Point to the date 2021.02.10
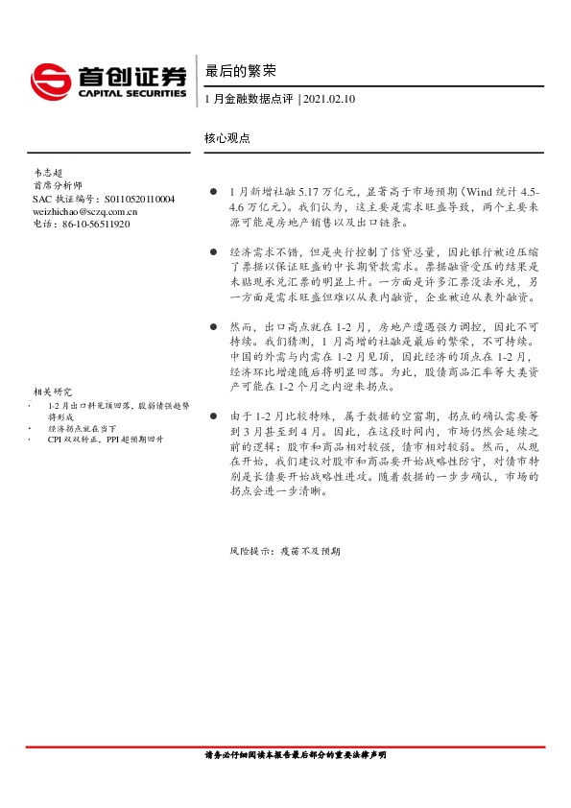[x=329, y=99]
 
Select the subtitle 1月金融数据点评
[x=250, y=99]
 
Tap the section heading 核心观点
[x=227, y=138]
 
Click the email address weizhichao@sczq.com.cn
[x=83, y=211]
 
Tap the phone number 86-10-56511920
[x=95, y=224]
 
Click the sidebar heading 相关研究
[x=52, y=392]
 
